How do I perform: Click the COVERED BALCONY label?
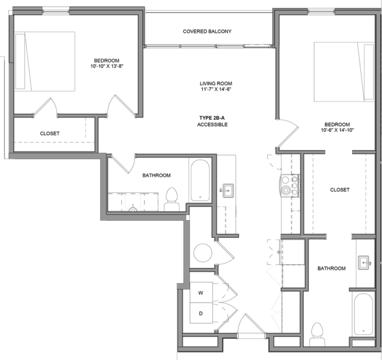207,31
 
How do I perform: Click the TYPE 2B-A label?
212,119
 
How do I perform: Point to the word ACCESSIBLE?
212,125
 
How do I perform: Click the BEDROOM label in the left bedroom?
106,60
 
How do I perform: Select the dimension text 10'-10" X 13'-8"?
106,66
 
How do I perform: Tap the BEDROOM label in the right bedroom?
337,125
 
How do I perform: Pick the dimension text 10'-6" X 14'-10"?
337,130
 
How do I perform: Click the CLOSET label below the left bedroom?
49,134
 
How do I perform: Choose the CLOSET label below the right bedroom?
340,190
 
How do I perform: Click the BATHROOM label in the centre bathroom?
156,176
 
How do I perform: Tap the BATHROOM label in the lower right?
331,268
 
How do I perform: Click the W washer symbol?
200,292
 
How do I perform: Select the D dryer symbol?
200,314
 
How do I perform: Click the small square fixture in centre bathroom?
133,201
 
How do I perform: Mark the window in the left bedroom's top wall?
56,11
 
